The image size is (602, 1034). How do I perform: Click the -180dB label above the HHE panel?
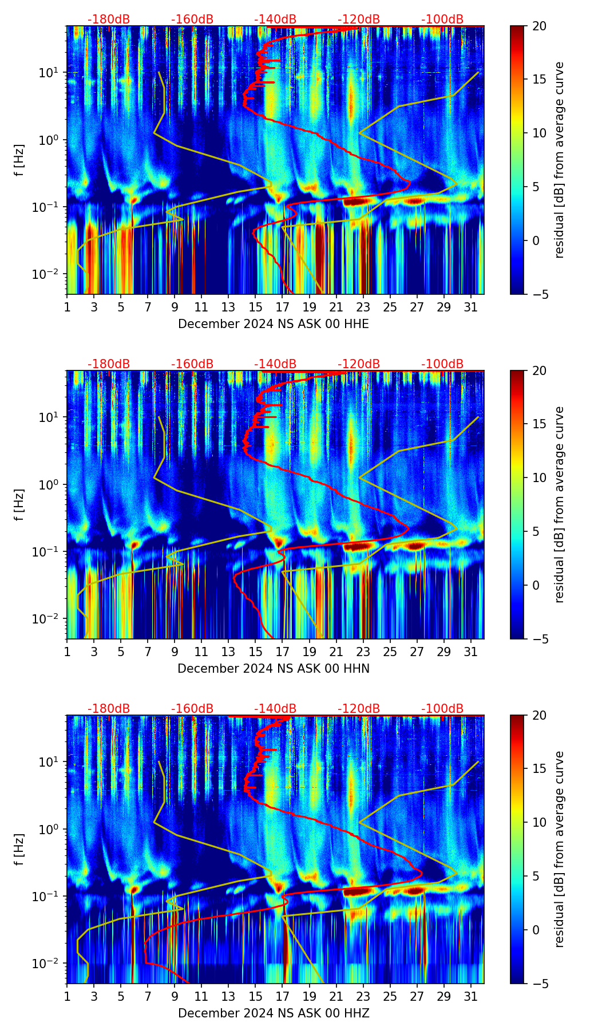click(x=109, y=19)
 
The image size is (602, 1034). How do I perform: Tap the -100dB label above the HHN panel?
click(x=442, y=364)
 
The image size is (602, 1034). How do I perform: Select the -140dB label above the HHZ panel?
click(x=275, y=709)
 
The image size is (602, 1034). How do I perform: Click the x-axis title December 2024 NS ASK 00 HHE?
click(x=274, y=324)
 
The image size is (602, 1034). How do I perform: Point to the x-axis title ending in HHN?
click(x=274, y=669)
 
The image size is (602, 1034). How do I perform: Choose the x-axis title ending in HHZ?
click(x=274, y=1013)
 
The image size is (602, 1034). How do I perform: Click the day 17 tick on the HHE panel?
click(x=283, y=307)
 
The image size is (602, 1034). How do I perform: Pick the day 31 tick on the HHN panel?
click(x=471, y=652)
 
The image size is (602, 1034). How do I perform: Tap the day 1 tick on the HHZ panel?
click(x=68, y=996)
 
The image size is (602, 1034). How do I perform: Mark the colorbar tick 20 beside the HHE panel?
click(x=539, y=26)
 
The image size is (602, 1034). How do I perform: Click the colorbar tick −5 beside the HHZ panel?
click(x=539, y=984)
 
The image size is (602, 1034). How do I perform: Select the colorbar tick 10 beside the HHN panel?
click(x=539, y=477)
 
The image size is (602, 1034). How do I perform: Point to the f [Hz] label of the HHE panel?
click(x=19, y=160)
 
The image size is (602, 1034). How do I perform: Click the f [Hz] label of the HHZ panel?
click(x=19, y=849)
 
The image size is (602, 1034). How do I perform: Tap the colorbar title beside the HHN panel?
click(x=560, y=504)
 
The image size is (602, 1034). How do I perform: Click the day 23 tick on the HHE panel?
click(x=363, y=307)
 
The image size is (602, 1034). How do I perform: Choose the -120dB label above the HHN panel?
click(x=359, y=364)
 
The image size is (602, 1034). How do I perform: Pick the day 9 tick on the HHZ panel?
click(x=175, y=996)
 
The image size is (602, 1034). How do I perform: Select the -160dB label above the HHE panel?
click(x=192, y=19)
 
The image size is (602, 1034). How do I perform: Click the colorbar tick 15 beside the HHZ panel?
click(x=539, y=769)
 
